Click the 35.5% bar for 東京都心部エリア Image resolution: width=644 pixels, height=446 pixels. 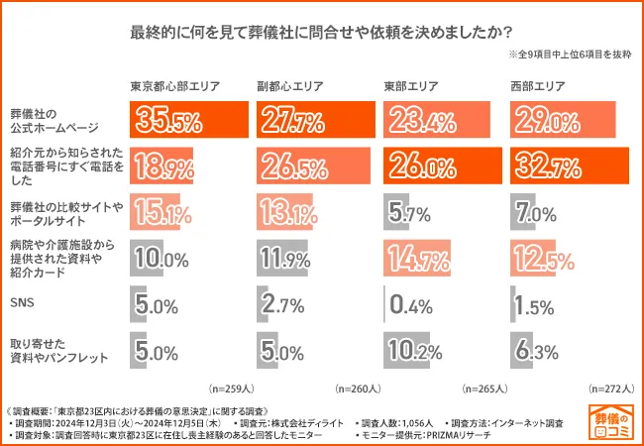[x=189, y=122]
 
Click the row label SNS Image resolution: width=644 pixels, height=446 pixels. [x=20, y=305]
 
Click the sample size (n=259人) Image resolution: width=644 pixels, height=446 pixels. [x=232, y=389]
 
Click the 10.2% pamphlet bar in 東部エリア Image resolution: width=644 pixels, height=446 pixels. [x=407, y=350]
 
